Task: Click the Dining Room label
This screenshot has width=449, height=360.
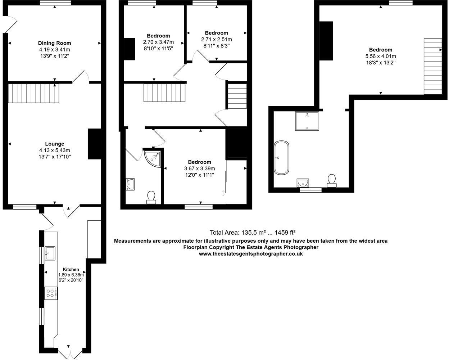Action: coord(55,43)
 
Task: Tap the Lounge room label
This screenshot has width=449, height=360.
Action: coord(55,144)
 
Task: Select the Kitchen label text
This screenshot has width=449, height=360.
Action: coord(71,269)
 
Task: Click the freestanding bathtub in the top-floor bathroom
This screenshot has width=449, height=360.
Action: coord(281,158)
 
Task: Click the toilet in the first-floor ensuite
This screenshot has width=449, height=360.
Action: coord(151,197)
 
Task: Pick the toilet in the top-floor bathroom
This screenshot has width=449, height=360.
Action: coord(332,180)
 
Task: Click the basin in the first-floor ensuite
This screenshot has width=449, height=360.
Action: coord(130,184)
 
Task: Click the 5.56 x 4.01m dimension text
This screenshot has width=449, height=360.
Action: coord(380,56)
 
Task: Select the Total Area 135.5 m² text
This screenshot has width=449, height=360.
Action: coord(253,233)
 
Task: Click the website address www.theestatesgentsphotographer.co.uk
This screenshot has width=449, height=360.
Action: coord(251,253)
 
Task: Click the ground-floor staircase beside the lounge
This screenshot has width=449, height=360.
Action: coord(33,93)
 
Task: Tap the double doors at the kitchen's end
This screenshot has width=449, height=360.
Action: coord(68,351)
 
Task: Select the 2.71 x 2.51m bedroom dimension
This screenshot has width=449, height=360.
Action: coord(217,39)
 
